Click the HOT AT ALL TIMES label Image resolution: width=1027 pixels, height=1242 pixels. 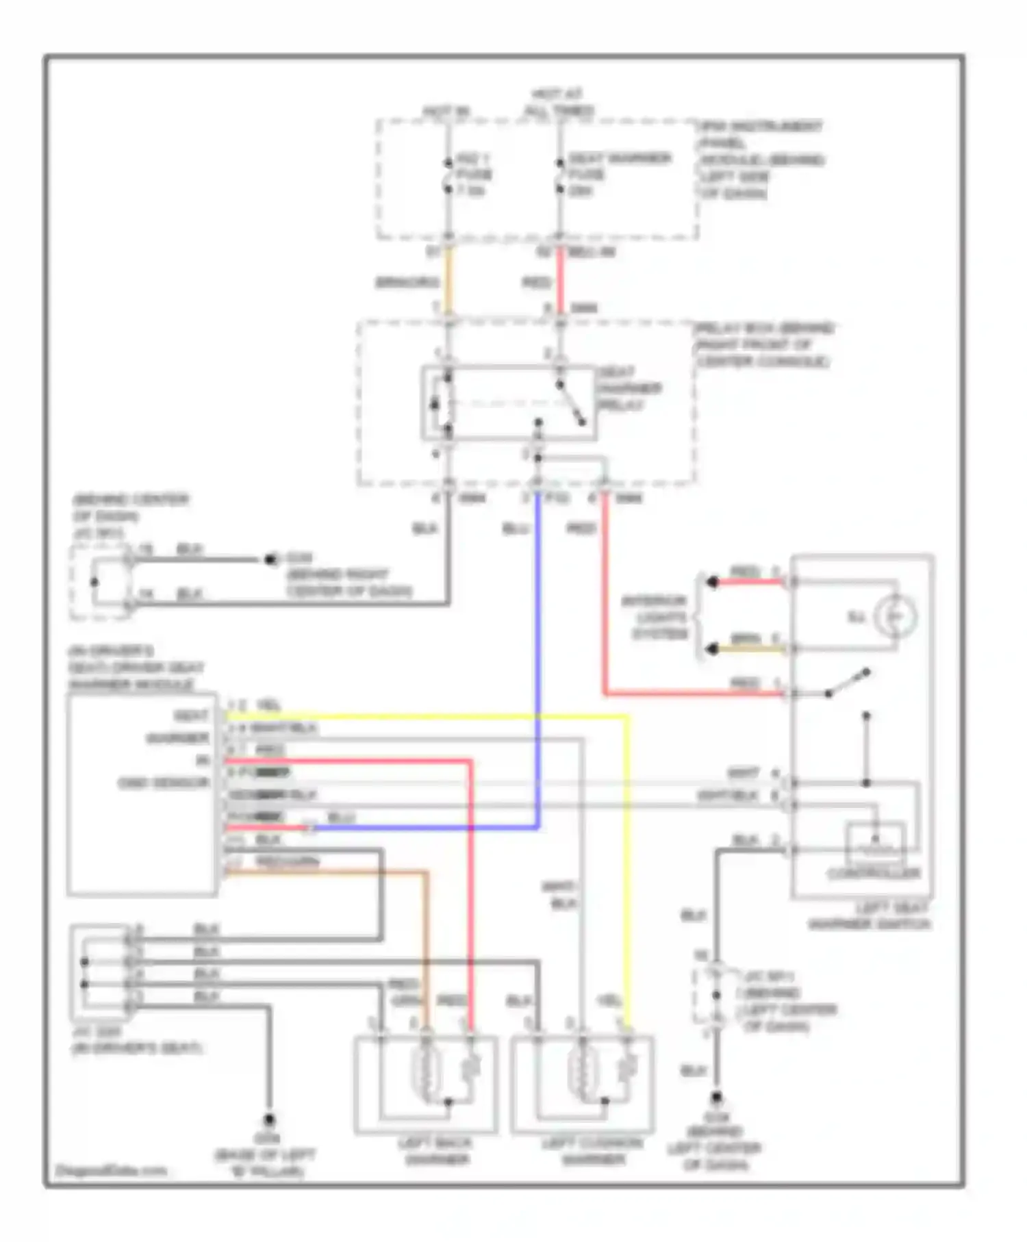coord(559,102)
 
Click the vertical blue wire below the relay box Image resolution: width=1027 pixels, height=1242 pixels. coord(538,650)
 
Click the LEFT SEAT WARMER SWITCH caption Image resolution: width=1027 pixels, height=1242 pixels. coord(870,916)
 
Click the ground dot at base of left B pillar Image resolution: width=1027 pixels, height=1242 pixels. coord(269,1119)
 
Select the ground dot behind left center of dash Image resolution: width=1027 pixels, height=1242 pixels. coord(716,1097)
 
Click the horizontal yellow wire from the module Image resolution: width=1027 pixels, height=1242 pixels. coord(424,717)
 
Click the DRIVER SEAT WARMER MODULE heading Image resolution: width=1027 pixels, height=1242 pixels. coord(136,668)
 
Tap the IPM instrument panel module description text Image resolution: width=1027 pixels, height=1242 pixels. coord(760,160)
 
